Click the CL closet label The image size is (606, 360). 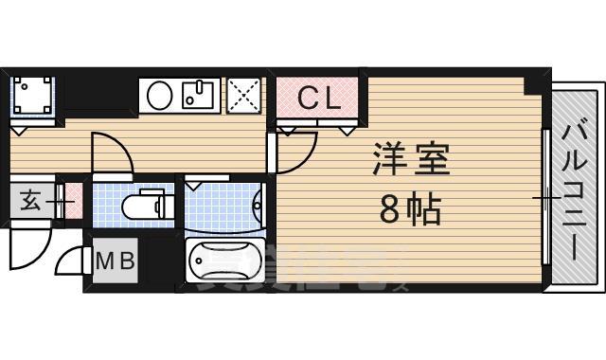[319, 98]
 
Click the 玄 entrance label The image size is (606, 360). [29, 201]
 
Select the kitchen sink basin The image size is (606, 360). [200, 95]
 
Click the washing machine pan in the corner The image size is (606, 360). [33, 96]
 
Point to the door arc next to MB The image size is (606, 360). [74, 260]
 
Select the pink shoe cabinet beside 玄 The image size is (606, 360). [73, 201]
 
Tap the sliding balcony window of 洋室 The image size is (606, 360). [546, 197]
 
